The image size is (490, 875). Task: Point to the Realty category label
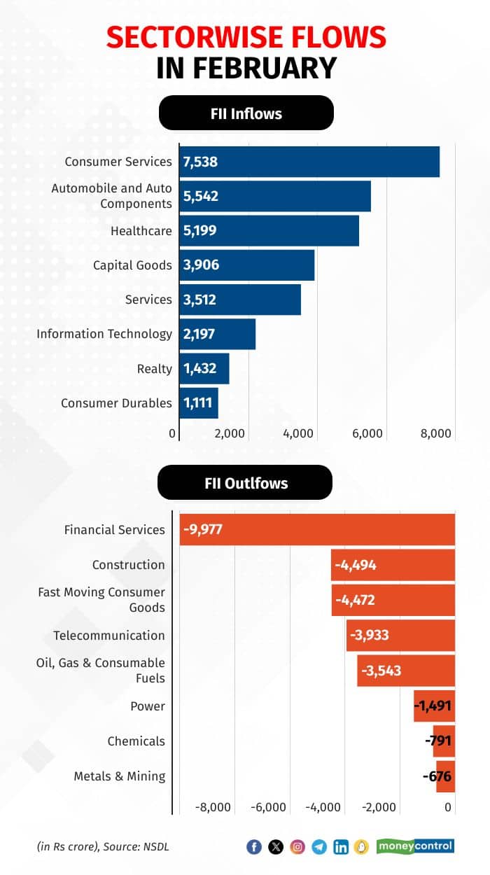155,369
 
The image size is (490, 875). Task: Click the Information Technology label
104,334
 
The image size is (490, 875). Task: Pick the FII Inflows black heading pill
246,113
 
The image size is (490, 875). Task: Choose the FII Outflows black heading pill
245,483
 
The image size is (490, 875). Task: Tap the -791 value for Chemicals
438,741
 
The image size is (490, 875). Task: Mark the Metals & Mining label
120,776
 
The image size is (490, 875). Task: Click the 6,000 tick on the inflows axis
367,434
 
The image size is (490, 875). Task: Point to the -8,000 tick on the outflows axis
213,807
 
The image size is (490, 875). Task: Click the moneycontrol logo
415,846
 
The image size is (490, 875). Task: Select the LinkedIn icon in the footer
341,847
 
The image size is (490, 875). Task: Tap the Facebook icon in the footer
254,847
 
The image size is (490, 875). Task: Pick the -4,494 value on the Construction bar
356,565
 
